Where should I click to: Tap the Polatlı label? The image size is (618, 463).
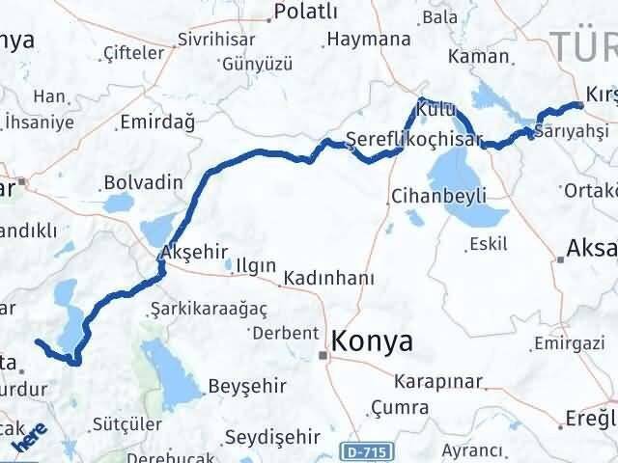pos(306,12)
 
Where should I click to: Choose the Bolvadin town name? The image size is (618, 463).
pos(143,181)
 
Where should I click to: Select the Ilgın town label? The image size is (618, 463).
pos(256,264)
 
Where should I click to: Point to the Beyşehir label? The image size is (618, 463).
pos(247,386)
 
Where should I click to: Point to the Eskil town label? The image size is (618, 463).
pos(488,244)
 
